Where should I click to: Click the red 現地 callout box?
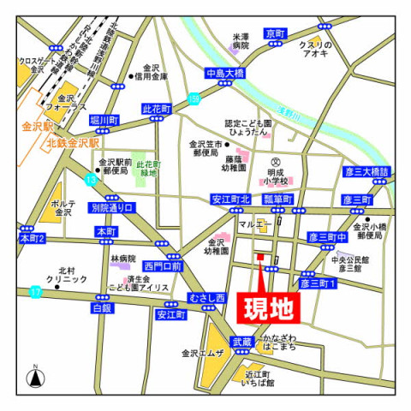click(268, 306)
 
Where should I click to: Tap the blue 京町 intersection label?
click(276, 33)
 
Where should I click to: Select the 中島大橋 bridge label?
click(225, 73)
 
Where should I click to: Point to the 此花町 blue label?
click(157, 110)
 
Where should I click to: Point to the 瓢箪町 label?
click(278, 200)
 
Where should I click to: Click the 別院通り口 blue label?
click(111, 208)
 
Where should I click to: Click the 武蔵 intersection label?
click(242, 342)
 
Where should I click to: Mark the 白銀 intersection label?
click(102, 307)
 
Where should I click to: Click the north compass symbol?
click(35, 377)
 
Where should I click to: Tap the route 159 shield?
click(194, 100)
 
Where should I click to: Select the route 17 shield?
click(35, 292)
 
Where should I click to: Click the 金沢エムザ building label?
click(202, 353)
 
